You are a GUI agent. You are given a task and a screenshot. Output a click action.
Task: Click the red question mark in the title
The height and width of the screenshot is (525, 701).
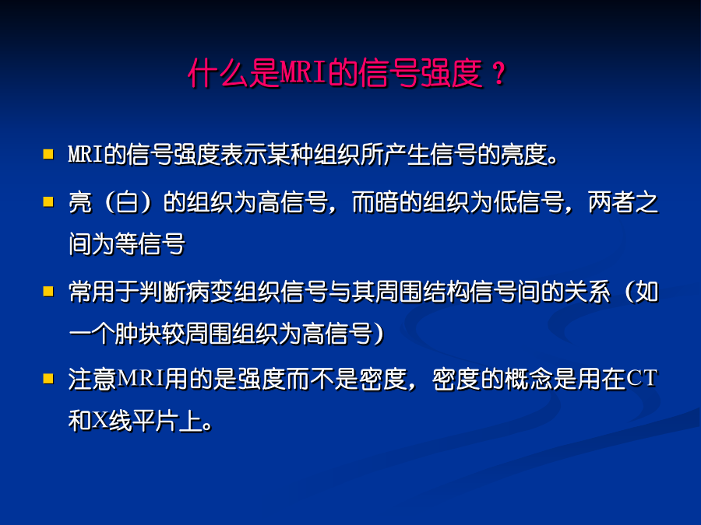tap(498, 74)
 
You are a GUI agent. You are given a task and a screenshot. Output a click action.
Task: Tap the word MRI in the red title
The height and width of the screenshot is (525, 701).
tap(303, 72)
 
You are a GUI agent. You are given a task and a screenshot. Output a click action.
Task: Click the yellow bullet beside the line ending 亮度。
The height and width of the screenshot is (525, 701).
tap(48, 154)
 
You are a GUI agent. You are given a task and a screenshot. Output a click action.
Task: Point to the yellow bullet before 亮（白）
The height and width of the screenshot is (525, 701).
tap(48, 201)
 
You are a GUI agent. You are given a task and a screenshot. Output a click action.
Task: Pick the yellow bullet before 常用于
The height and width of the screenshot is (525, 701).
tap(48, 292)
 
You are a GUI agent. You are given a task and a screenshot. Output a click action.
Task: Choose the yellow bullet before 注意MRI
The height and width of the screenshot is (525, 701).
tap(48, 379)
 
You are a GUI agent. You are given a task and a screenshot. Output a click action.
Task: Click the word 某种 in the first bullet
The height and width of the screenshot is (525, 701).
tap(289, 155)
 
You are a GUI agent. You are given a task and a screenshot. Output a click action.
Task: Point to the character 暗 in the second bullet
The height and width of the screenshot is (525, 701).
tap(386, 202)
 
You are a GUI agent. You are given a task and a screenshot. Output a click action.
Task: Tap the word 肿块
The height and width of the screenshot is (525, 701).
tap(138, 334)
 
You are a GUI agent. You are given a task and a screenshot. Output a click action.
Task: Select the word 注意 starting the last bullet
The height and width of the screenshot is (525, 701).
tap(92, 379)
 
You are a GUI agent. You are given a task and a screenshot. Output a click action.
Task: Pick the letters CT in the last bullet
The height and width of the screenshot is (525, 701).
tap(642, 379)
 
